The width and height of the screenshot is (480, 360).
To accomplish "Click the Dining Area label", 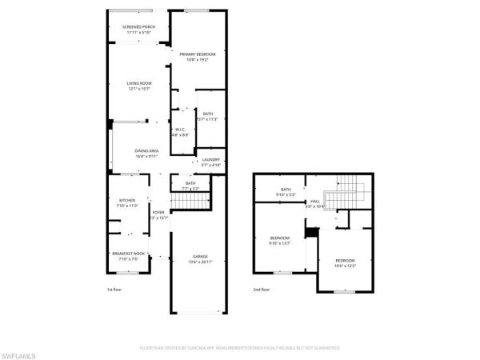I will click(x=146, y=154).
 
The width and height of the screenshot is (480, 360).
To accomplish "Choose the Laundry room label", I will click(x=210, y=162).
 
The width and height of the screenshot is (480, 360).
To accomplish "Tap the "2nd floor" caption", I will click(x=262, y=290).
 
